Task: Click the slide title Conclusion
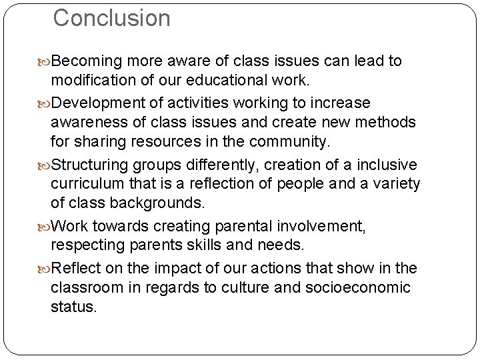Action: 111,19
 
